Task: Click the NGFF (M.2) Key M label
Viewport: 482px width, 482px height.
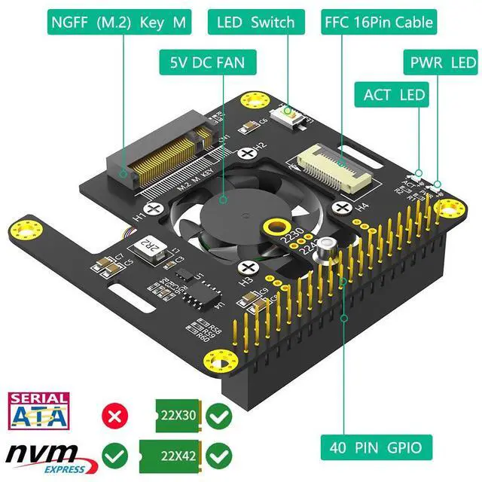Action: (119, 22)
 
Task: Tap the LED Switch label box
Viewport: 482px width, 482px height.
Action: (255, 22)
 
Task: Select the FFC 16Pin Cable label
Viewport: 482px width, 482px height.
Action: (378, 22)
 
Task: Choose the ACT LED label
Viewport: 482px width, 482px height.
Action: (395, 95)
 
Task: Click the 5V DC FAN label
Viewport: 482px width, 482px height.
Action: (203, 62)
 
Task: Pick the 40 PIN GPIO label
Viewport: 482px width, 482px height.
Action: (376, 449)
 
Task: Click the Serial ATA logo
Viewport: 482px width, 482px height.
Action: (38, 411)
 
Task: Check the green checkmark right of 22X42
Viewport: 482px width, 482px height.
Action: (217, 456)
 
